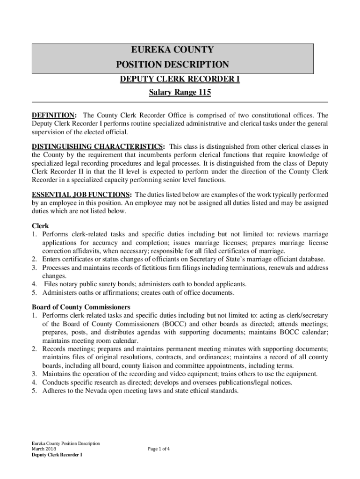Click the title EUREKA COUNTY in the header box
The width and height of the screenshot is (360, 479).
point(173,50)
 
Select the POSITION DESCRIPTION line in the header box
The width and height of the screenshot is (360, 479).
point(173,65)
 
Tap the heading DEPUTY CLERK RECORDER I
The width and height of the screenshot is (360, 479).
point(180,80)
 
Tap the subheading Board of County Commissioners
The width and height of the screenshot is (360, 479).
point(81,307)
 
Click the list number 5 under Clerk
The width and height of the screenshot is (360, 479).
point(34,293)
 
